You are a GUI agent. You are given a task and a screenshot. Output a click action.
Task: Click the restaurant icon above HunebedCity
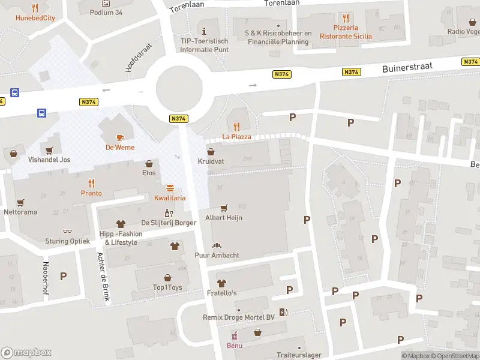pyautogui.click(x=35, y=8)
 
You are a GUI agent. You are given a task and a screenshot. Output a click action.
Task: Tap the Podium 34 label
pyautogui.click(x=106, y=12)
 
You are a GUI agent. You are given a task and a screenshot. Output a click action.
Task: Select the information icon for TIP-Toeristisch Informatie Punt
pyautogui.click(x=205, y=31)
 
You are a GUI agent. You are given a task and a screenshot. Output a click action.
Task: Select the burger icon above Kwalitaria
pyautogui.click(x=170, y=188)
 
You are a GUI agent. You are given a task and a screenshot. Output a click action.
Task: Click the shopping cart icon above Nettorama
pyautogui.click(x=21, y=202)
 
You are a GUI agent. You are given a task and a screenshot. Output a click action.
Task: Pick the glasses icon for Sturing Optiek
pyautogui.click(x=67, y=231)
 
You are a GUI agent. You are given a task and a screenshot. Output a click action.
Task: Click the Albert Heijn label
pyautogui.click(x=224, y=218)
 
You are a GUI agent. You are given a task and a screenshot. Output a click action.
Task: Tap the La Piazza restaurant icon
pyautogui.click(x=236, y=127)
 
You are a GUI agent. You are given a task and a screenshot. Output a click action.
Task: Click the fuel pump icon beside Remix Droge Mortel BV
pyautogui.click(x=283, y=312)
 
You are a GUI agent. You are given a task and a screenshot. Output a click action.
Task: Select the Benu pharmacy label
pyautogui.click(x=234, y=346)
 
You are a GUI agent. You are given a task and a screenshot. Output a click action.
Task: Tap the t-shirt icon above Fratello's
pyautogui.click(x=221, y=283)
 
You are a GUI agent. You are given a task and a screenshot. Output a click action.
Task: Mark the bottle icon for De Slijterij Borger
pyautogui.click(x=169, y=213)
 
